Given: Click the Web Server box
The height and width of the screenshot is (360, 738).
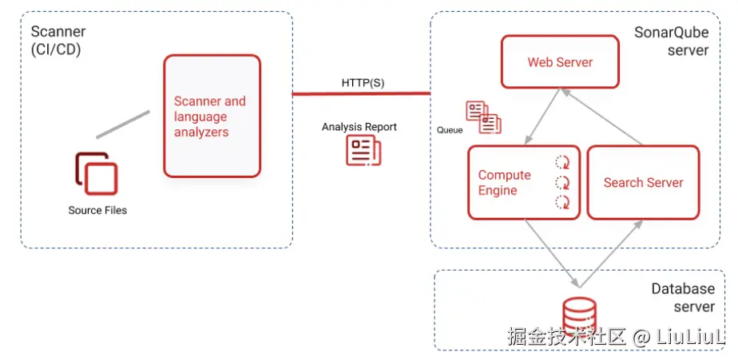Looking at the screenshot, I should [560, 62].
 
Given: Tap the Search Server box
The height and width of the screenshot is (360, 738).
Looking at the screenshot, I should [643, 183].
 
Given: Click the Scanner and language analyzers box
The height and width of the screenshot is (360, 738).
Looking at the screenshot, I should [212, 117].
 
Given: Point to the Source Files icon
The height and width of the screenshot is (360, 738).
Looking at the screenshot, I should [97, 173].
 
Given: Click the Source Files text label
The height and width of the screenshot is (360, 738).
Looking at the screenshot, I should [97, 210].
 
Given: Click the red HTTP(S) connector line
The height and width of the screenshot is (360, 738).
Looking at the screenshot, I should [361, 93].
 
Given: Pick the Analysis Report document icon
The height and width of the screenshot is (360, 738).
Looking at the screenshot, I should [363, 150].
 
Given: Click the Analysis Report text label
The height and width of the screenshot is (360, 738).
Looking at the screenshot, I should [359, 127].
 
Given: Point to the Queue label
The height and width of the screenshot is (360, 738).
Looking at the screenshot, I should [450, 129].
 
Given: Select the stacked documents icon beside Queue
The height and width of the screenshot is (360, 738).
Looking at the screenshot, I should [484, 117].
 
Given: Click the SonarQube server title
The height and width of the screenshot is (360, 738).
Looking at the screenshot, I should [671, 42].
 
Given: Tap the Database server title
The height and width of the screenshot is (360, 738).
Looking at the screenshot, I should [682, 297].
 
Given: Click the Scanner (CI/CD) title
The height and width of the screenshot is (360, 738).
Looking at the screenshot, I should [58, 40].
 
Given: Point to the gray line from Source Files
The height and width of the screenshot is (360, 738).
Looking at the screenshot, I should [123, 125].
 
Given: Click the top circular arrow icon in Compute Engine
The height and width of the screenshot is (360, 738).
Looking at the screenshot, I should [562, 160].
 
